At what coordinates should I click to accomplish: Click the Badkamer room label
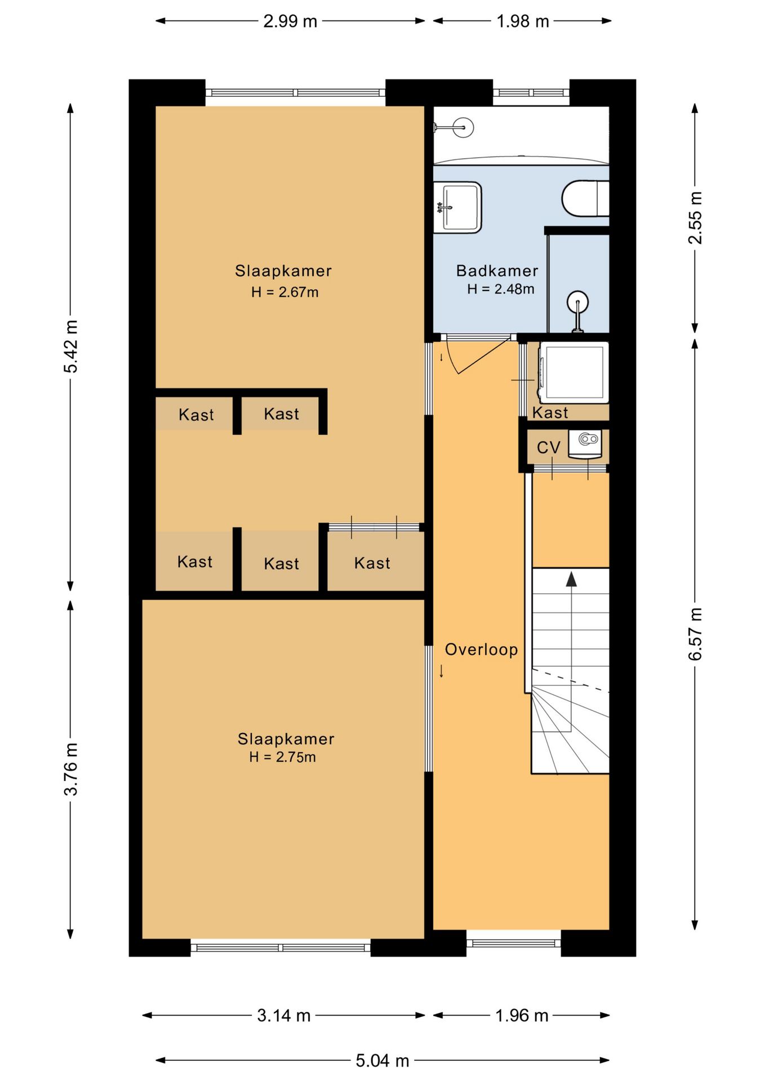(497, 271)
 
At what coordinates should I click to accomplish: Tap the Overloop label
(481, 649)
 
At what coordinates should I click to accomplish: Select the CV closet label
(548, 448)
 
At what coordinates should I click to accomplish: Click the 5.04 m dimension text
(382, 1061)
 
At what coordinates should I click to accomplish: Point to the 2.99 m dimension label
(290, 21)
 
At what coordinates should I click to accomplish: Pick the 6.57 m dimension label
(695, 634)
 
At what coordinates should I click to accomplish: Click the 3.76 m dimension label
(71, 769)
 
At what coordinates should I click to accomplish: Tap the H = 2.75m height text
(282, 757)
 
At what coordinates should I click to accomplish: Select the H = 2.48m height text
(500, 289)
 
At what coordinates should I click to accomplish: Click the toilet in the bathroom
(585, 198)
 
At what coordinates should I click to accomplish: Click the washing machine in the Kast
(573, 373)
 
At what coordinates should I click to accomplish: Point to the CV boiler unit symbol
(585, 444)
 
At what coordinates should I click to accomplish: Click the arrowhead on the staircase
(571, 579)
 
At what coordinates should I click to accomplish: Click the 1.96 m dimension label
(522, 1015)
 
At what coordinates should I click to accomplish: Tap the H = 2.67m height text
(284, 292)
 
